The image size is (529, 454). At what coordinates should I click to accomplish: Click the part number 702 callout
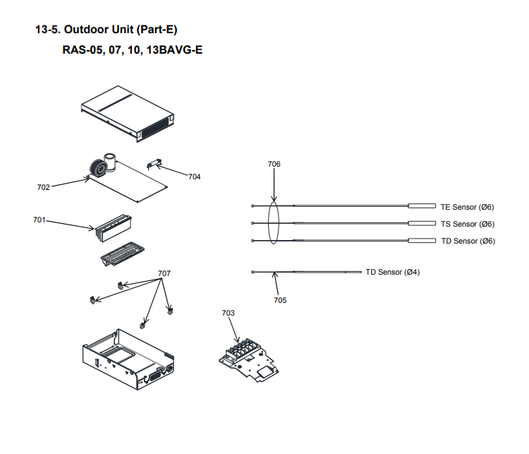pos(43,187)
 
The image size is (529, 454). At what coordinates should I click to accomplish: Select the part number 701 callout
pos(39,220)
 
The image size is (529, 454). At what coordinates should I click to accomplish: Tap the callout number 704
pos(195,177)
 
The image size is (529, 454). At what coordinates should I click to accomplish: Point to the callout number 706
pos(274,164)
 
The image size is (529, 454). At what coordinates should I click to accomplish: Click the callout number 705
pos(280,299)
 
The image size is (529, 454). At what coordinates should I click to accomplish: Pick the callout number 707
pos(164,273)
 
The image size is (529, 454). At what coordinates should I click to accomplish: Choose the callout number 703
pos(228,312)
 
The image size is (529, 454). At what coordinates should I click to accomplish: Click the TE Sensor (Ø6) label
pos(467,207)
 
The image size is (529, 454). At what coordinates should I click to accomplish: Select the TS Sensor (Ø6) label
pos(467,224)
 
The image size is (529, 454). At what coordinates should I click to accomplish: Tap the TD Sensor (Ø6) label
pos(467,241)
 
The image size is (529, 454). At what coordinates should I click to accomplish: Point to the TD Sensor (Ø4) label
pos(392,272)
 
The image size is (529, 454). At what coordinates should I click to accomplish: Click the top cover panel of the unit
pos(127,109)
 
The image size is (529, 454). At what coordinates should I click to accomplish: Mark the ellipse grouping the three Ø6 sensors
pos(274,223)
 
